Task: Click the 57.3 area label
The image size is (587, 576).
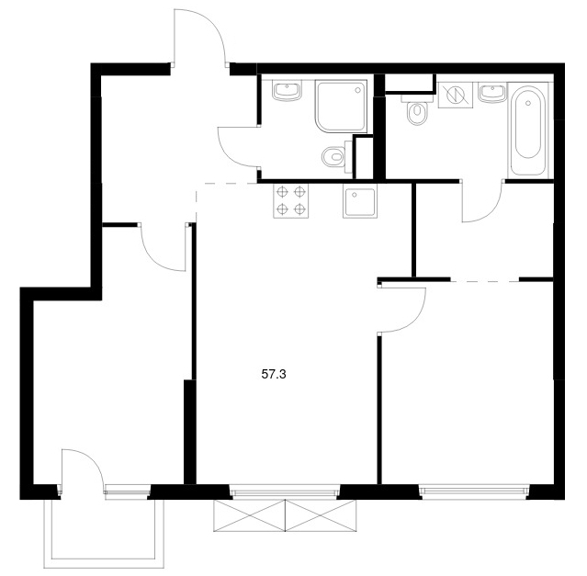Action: pyautogui.click(x=274, y=374)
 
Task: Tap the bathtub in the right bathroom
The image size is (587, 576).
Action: pyautogui.click(x=528, y=130)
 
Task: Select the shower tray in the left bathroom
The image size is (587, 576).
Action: pyautogui.click(x=342, y=107)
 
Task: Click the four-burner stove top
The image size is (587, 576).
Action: pyautogui.click(x=291, y=201)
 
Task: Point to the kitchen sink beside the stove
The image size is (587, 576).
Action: pyautogui.click(x=359, y=202)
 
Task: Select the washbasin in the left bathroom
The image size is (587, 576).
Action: pyautogui.click(x=288, y=91)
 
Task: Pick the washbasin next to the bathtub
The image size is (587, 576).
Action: pyautogui.click(x=492, y=93)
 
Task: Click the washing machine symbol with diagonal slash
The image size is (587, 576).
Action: pyautogui.click(x=456, y=96)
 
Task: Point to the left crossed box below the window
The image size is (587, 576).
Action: pyautogui.click(x=249, y=515)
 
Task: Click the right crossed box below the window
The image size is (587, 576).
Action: pyautogui.click(x=322, y=515)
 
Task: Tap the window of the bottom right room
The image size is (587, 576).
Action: pyautogui.click(x=474, y=491)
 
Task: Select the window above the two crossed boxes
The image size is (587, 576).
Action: pyautogui.click(x=286, y=491)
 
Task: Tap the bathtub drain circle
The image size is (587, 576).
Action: pyautogui.click(x=528, y=103)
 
